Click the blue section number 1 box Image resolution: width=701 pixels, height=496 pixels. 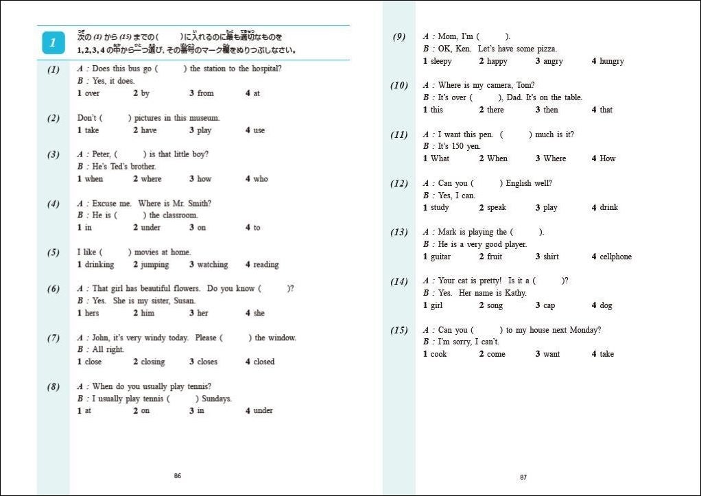[53, 43]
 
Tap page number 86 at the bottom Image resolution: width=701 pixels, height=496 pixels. [178, 475]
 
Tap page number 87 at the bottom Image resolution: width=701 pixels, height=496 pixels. [523, 477]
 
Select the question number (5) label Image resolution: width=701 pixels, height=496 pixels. [53, 252]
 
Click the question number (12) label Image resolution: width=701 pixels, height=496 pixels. [399, 184]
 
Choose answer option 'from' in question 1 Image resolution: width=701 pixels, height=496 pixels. [205, 93]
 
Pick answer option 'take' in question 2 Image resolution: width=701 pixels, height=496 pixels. [91, 130]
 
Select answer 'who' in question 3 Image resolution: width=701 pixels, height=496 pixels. [261, 179]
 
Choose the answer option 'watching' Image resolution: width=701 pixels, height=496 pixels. [212, 265]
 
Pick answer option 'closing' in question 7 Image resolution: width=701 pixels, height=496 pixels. [152, 362]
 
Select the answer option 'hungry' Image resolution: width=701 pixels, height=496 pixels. [611, 62]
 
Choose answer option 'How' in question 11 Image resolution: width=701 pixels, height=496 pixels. [608, 159]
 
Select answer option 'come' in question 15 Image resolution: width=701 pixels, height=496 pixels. [496, 355]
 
